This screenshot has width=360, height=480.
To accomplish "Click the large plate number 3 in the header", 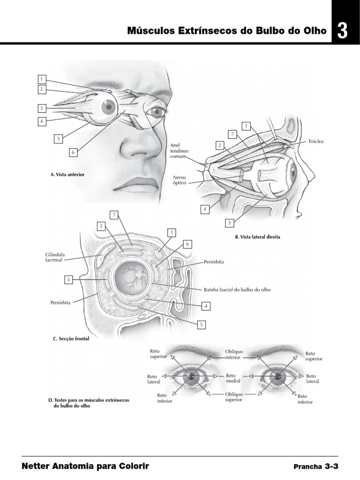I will pos(342,31).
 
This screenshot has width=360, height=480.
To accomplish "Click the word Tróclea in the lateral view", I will pos(316,141).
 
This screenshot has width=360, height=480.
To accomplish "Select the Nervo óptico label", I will pos(179,180).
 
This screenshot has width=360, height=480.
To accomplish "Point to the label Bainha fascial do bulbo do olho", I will pos(237,290).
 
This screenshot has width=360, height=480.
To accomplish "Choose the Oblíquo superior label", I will pos(233,397).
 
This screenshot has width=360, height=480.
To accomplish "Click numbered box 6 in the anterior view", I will pos(73,152).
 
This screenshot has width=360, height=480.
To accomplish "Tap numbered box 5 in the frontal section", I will pos(202,323).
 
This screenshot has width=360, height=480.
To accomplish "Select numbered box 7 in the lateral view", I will pos(232,135).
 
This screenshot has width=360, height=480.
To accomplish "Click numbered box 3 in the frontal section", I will pos(68,280).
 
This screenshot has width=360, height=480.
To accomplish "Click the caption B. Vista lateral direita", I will pos(257,237).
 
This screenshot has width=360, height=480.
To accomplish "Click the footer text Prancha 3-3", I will pos(315,467).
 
